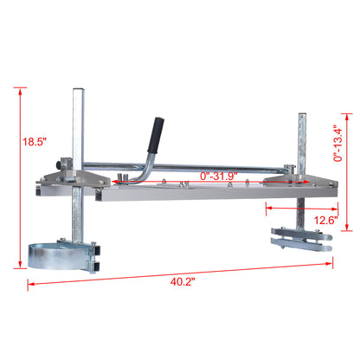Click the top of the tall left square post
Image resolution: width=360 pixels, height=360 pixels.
click(x=79, y=89)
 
